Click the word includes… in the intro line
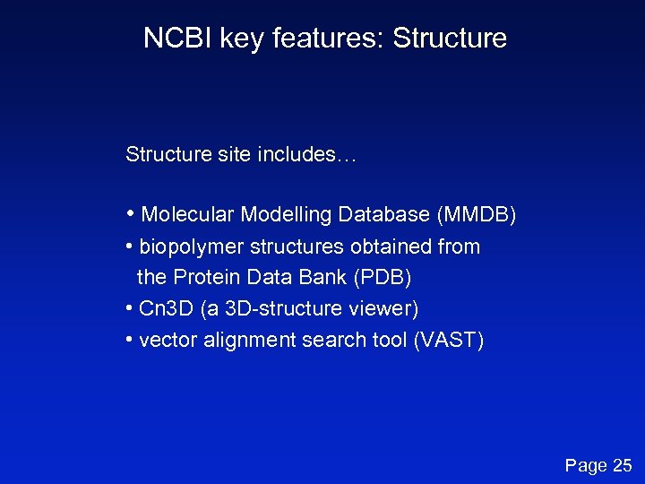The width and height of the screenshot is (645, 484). pos(307,155)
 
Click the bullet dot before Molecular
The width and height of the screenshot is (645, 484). pos(132,215)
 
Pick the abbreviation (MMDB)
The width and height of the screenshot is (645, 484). pos(476,215)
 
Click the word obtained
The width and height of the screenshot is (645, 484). pos(388,246)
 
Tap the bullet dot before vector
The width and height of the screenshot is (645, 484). pos(131,341)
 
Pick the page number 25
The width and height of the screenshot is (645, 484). pos(622,465)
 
